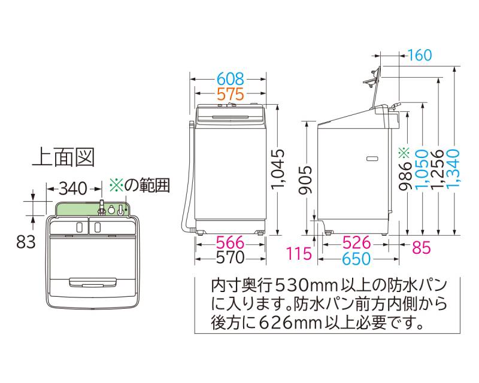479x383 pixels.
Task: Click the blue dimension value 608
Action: (x=230, y=78)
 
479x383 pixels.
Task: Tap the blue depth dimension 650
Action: (x=358, y=259)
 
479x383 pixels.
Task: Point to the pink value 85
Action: (x=421, y=246)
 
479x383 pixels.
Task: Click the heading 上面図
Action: (x=63, y=157)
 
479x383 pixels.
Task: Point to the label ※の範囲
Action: (x=141, y=186)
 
